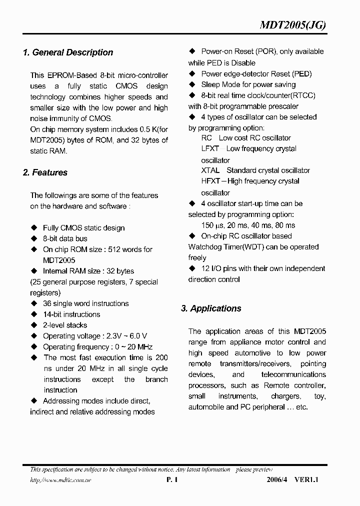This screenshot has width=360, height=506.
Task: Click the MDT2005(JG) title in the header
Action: pyautogui.click(x=293, y=26)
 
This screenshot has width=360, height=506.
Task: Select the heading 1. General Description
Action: pyautogui.click(x=68, y=52)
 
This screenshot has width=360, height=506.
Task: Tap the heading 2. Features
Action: pyautogui.click(x=45, y=172)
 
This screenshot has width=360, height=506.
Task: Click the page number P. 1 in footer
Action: pyautogui.click(x=171, y=480)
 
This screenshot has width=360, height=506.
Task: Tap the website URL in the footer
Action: pyautogui.click(x=60, y=480)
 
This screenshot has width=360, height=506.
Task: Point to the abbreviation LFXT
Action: pyautogui.click(x=210, y=148)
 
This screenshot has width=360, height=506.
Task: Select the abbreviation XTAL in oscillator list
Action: pyautogui.click(x=210, y=170)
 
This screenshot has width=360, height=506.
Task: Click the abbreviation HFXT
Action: pyautogui.click(x=210, y=181)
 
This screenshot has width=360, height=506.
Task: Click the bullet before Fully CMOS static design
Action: pyautogui.click(x=34, y=228)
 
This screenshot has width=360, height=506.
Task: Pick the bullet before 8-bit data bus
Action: pyautogui.click(x=34, y=238)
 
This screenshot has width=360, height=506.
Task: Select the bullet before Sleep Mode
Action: pyautogui.click(x=192, y=84)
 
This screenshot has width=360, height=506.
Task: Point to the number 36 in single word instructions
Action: pyautogui.click(x=47, y=303)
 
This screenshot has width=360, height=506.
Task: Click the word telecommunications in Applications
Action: pyautogui.click(x=293, y=374)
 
